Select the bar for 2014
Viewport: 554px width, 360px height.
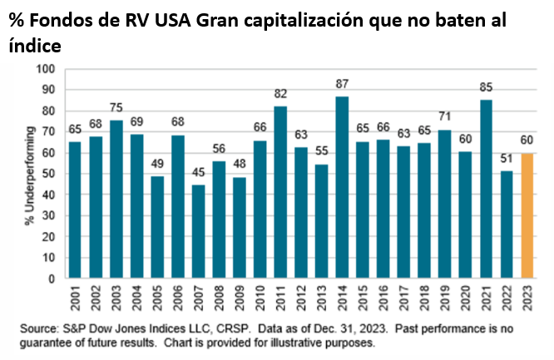342,186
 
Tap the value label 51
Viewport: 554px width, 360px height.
506,160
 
